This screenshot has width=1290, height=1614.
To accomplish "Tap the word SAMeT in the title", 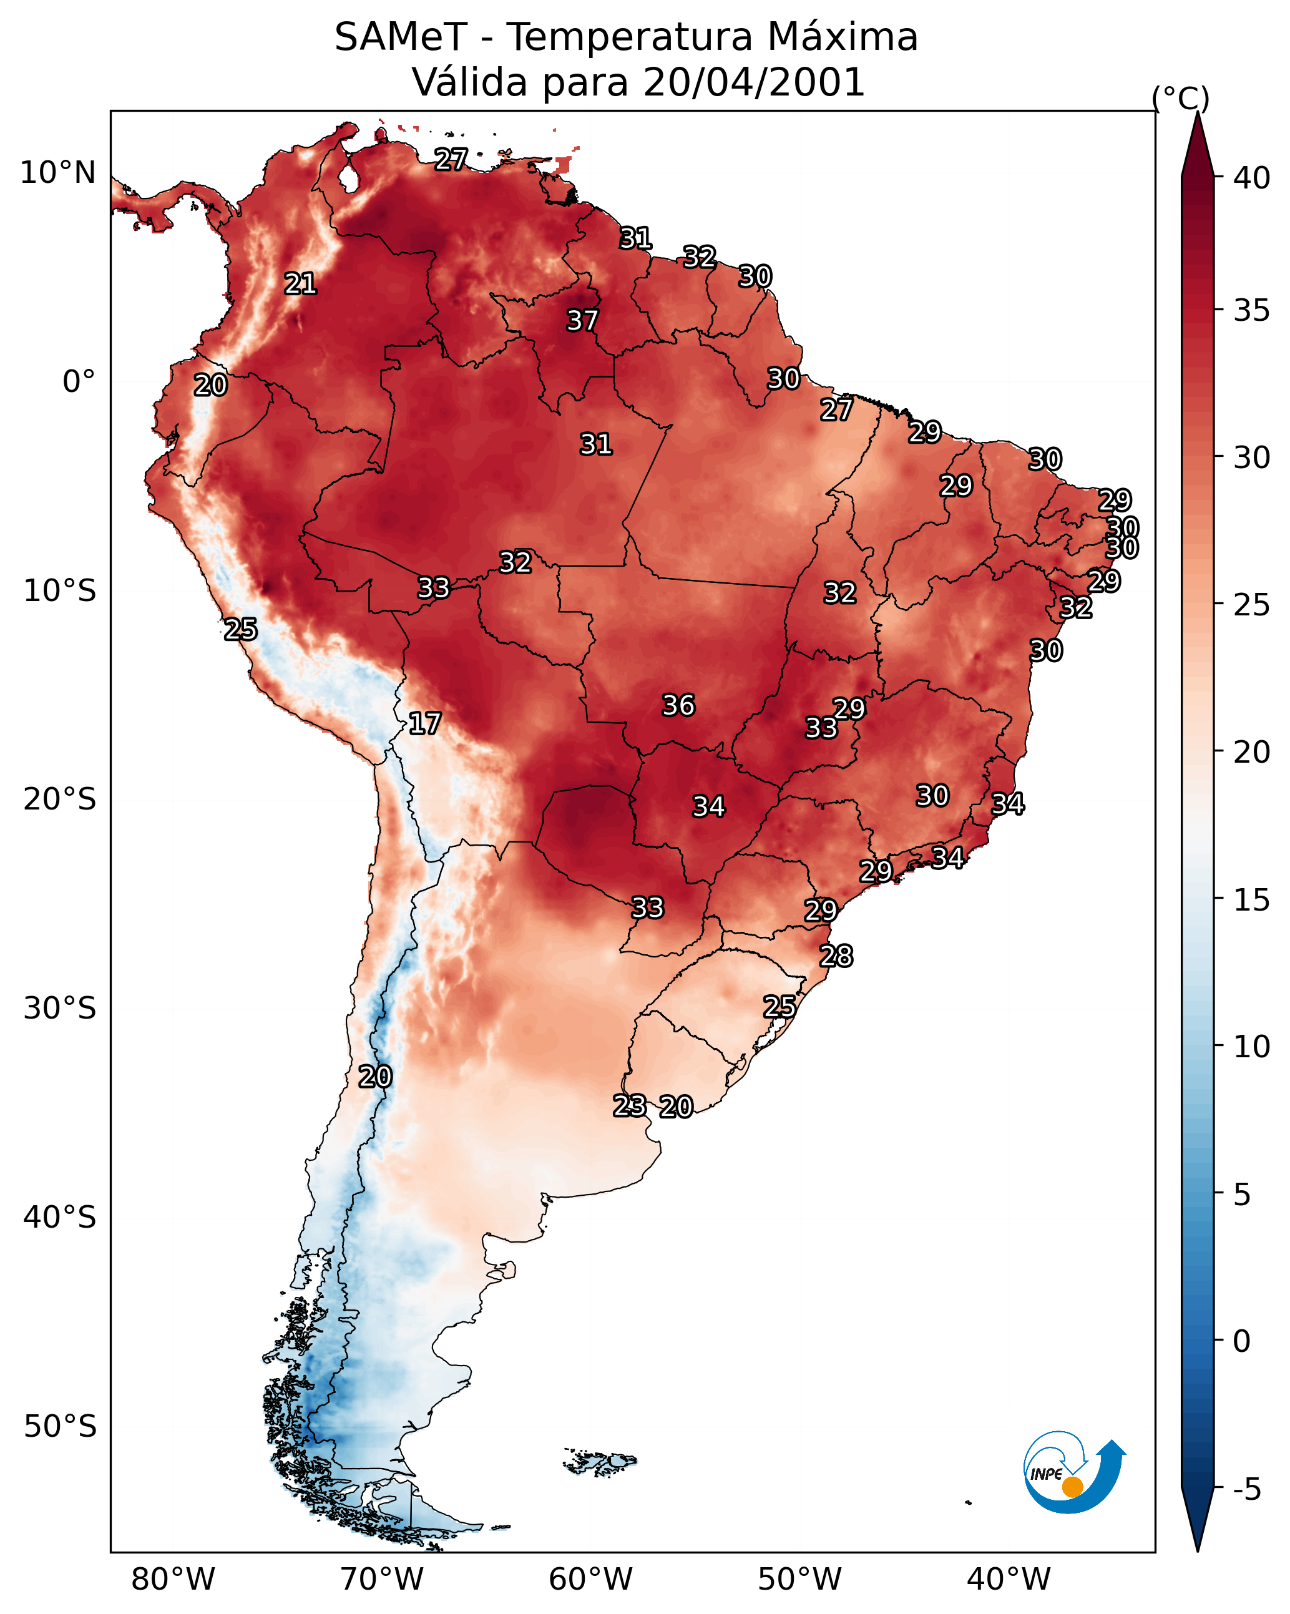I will (401, 37).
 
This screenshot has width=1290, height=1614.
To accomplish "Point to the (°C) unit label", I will (1181, 98).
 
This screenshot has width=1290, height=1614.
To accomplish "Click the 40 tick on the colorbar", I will (1252, 178).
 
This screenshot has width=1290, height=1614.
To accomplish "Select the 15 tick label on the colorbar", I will (1252, 901).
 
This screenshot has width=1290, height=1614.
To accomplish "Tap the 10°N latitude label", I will (57, 173).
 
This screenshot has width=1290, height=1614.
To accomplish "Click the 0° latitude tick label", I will (79, 382).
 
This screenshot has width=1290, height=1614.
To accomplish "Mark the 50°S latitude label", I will (60, 1427).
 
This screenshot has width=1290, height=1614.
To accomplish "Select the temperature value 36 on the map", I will (679, 705).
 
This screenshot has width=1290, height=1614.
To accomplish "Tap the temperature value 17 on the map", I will (424, 724).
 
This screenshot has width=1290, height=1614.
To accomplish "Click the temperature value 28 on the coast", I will (836, 956).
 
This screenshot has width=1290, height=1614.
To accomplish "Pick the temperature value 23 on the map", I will (630, 1106).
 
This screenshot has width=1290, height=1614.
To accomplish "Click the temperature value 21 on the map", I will (300, 284).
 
